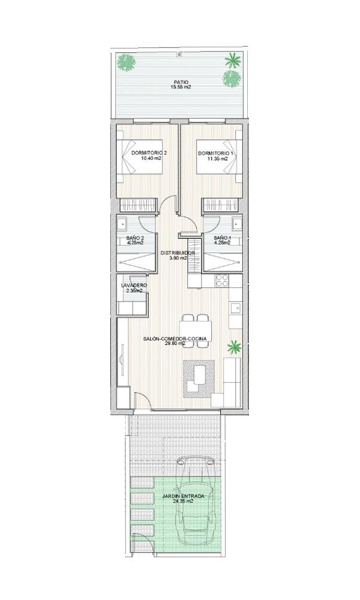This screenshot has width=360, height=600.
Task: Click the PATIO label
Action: pyautogui.click(x=179, y=82)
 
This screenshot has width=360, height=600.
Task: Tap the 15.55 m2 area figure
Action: pyautogui.click(x=179, y=88)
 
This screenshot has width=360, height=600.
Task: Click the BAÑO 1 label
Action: pyautogui.click(x=224, y=238)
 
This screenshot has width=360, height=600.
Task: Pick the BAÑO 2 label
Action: pyautogui.click(x=136, y=238)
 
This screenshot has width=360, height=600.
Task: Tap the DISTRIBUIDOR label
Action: pyautogui.click(x=178, y=254)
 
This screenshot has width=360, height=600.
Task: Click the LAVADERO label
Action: pyautogui.click(x=134, y=285)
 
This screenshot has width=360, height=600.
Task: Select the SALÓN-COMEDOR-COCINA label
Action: pyautogui.click(x=175, y=339)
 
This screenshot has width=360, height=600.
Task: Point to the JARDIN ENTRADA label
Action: pyautogui.click(x=183, y=496)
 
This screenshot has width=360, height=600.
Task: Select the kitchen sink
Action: pyautogui.click(x=235, y=309)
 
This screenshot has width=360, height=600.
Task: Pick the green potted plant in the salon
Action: pyautogui.click(x=234, y=346)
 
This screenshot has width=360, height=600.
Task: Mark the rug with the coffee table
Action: pyautogui.click(x=199, y=377)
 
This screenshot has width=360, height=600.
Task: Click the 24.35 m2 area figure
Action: pyautogui.click(x=183, y=502)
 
